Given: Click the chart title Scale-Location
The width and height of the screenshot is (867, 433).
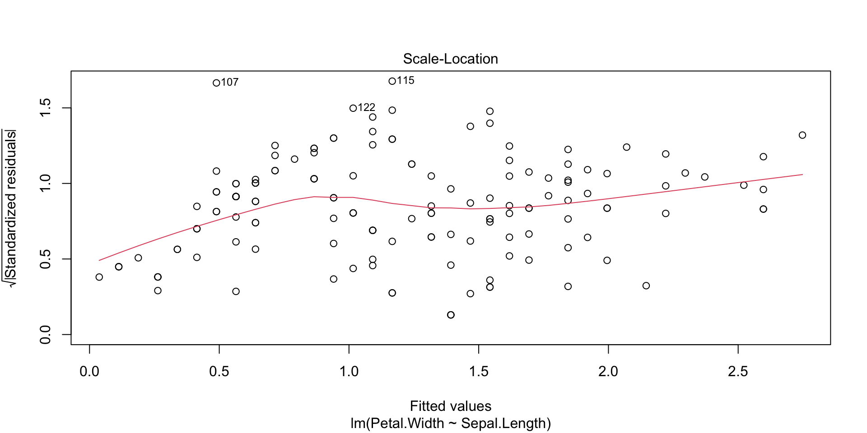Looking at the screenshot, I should coord(450,59).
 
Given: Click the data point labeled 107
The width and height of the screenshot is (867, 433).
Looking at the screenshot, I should coord(216,83).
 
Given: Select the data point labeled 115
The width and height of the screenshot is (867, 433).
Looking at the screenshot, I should coord(392,81).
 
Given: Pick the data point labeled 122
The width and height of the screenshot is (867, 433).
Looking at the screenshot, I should coord(353,108).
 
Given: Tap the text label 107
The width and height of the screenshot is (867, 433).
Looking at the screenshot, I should coord(230,82).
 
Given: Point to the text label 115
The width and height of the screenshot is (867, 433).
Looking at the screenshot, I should coord(406,80).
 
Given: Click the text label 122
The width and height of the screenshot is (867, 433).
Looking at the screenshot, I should coord(366,107).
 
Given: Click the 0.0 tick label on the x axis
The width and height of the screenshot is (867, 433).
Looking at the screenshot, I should coord(89,372).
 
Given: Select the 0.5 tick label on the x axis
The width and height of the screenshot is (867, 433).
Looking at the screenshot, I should coord(219,372).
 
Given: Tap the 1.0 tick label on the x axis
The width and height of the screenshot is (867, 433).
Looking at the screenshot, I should coord(349,372).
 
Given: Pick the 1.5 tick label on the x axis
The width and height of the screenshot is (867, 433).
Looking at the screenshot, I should coord(479,372).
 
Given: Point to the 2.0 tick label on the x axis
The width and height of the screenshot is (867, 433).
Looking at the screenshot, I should coord(608,372).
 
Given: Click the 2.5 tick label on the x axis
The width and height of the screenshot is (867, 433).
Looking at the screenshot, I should coord(738,372).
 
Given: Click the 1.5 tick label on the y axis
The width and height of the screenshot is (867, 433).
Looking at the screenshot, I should coord(46,108).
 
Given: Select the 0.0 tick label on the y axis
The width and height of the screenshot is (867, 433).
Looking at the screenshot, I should coord(46,334).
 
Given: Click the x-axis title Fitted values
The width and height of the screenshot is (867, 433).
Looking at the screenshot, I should coord(450,406).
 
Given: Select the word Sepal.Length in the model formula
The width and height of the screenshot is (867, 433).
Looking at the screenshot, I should coord(503,424).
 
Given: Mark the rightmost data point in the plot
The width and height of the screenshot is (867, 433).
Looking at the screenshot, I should coord(802,135).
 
